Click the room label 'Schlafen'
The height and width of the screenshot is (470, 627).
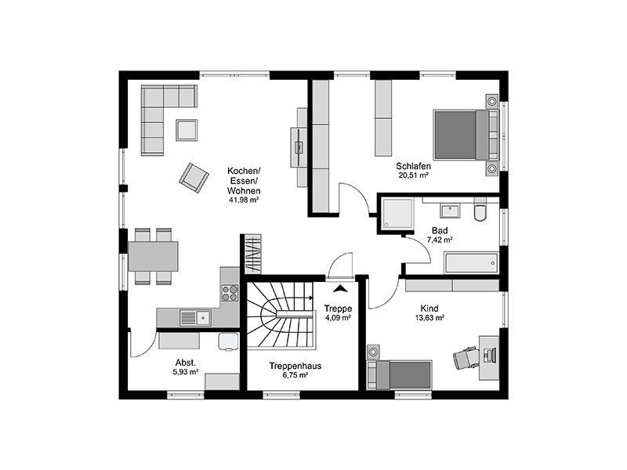[x=412, y=166]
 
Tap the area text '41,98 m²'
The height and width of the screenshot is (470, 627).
[x=244, y=200]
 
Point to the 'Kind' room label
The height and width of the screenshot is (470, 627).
[x=429, y=309]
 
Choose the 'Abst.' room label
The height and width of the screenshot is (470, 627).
[x=185, y=362]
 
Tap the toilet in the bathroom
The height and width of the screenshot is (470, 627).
[x=480, y=211]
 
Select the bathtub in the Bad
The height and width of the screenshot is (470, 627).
[x=469, y=262]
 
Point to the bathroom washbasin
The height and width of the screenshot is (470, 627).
[x=449, y=210]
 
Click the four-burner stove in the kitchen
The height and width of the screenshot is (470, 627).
[x=230, y=293]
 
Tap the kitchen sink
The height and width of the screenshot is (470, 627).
[x=194, y=317]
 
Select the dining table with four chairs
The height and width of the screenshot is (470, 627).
[x=153, y=256]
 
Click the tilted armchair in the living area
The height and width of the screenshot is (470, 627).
[x=193, y=176]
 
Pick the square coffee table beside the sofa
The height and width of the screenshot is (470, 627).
[x=187, y=129]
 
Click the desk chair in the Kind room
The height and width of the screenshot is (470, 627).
[x=466, y=357]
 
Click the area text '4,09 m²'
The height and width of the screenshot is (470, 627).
[x=338, y=318]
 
